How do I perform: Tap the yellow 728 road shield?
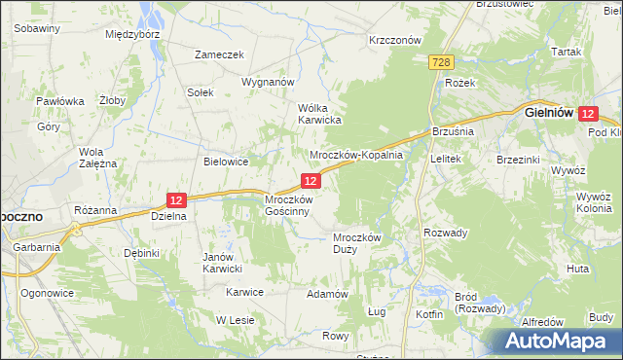tap(441, 62)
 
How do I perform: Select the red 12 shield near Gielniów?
tap(587, 114)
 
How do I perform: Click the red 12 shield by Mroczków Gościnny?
tap(311, 181)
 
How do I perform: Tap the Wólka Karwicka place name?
tap(318, 114)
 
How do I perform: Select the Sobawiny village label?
tap(38, 29)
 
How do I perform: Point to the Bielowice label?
tap(226, 162)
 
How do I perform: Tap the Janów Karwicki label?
tap(221, 263)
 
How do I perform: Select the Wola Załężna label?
tap(97, 158)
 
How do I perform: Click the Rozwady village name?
tap(446, 233)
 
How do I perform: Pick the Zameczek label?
tap(218, 55)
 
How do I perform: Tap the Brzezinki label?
tap(519, 159)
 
